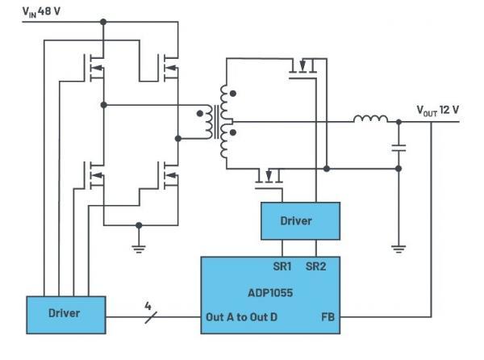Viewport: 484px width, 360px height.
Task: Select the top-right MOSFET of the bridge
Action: tap(169, 68)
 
